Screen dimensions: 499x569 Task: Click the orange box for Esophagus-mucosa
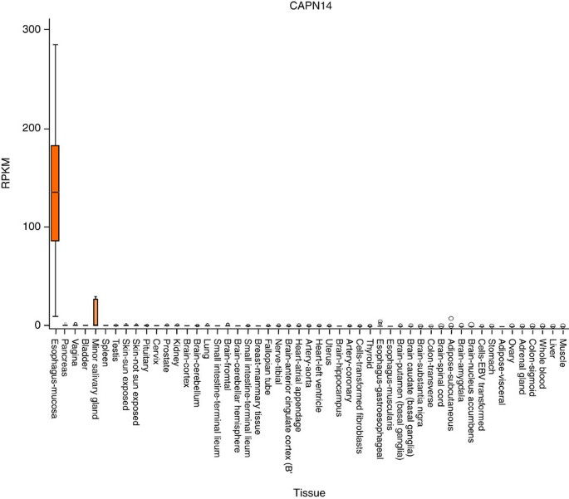click(55, 193)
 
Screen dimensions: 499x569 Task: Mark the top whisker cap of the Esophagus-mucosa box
click(55, 44)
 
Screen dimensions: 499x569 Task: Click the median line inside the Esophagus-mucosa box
click(55, 192)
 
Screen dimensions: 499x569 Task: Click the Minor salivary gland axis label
click(96, 370)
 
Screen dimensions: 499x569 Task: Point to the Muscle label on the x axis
click(562, 348)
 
